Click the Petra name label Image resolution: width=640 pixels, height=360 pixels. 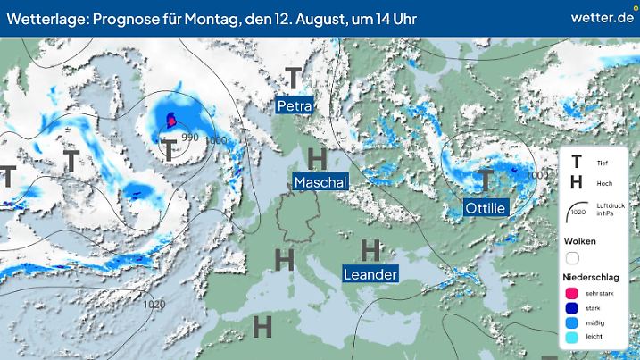click(295, 106)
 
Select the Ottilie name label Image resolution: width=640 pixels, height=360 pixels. click(486, 208)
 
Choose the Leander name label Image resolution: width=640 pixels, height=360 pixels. click(370, 274)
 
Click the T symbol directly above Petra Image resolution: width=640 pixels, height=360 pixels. click(292, 80)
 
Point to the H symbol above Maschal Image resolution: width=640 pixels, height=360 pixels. click(316, 158)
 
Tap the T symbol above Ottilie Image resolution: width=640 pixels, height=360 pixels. click(485, 180)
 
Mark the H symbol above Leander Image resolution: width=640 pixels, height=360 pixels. click(369, 249)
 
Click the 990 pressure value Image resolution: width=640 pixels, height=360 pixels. click(189, 138)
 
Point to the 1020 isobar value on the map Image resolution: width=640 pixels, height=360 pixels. click(154, 304)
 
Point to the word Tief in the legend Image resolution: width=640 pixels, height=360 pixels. click(604, 163)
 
